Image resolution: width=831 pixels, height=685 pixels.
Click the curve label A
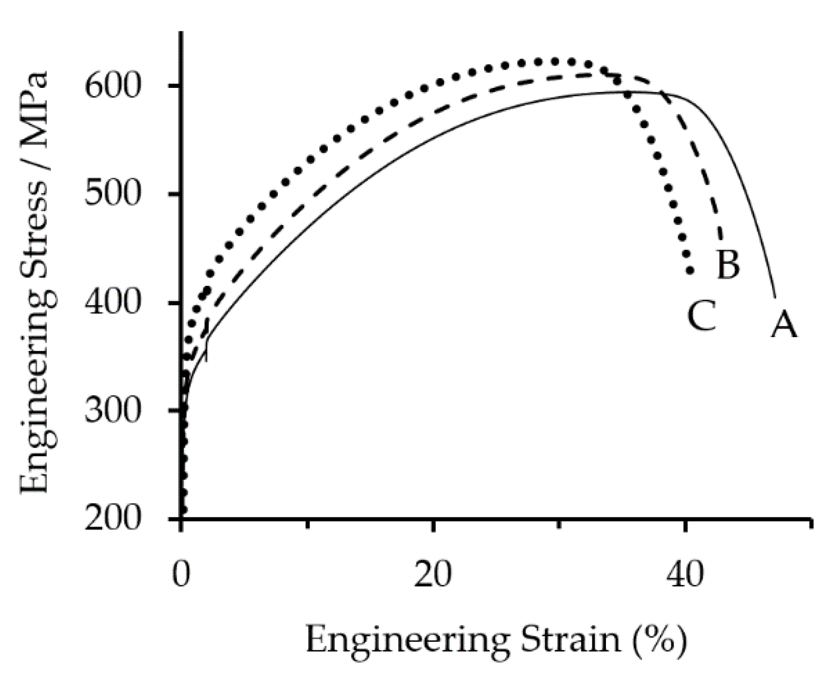[x=784, y=324]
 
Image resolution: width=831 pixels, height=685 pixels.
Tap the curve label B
[x=728, y=264]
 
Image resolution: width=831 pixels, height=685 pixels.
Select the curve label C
[x=701, y=315]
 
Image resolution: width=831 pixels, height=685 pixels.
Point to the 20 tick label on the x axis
[x=433, y=574]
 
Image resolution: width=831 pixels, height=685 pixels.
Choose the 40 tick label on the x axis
[x=685, y=574]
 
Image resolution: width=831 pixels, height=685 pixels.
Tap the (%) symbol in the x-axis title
[x=659, y=641]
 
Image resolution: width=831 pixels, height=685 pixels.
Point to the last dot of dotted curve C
[x=690, y=270]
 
